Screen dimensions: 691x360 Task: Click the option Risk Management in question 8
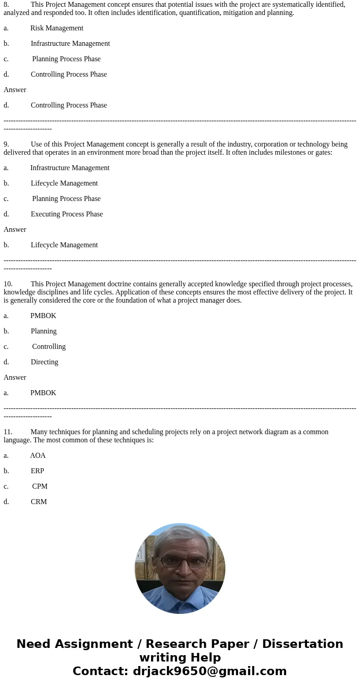57,28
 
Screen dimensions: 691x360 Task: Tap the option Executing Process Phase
67,214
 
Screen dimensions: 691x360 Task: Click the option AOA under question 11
38,456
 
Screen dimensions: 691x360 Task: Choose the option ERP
37,471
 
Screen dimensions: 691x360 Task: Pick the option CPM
39,486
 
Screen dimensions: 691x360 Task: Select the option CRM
39,502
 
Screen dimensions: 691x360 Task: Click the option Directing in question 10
44,362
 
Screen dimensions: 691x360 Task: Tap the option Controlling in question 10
49,347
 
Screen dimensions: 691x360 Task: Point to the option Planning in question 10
44,331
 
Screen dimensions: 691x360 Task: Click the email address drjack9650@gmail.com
209,671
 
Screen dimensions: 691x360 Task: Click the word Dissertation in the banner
302,644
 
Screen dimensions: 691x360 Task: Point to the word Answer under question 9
15,230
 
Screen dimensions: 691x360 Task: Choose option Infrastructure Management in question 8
70,44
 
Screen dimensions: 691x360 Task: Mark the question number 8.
6,5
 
